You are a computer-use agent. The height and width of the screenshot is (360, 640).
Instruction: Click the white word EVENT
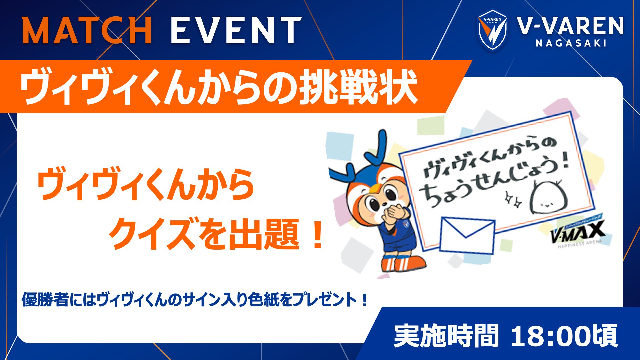[x=236, y=31]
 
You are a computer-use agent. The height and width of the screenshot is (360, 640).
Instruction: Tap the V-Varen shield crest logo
[x=492, y=29]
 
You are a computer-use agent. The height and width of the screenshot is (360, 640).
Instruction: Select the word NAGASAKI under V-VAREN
[x=571, y=43]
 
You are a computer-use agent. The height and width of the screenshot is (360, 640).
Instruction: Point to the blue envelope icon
[x=467, y=235]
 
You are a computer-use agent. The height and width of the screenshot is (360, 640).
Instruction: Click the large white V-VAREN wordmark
[x=570, y=26]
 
